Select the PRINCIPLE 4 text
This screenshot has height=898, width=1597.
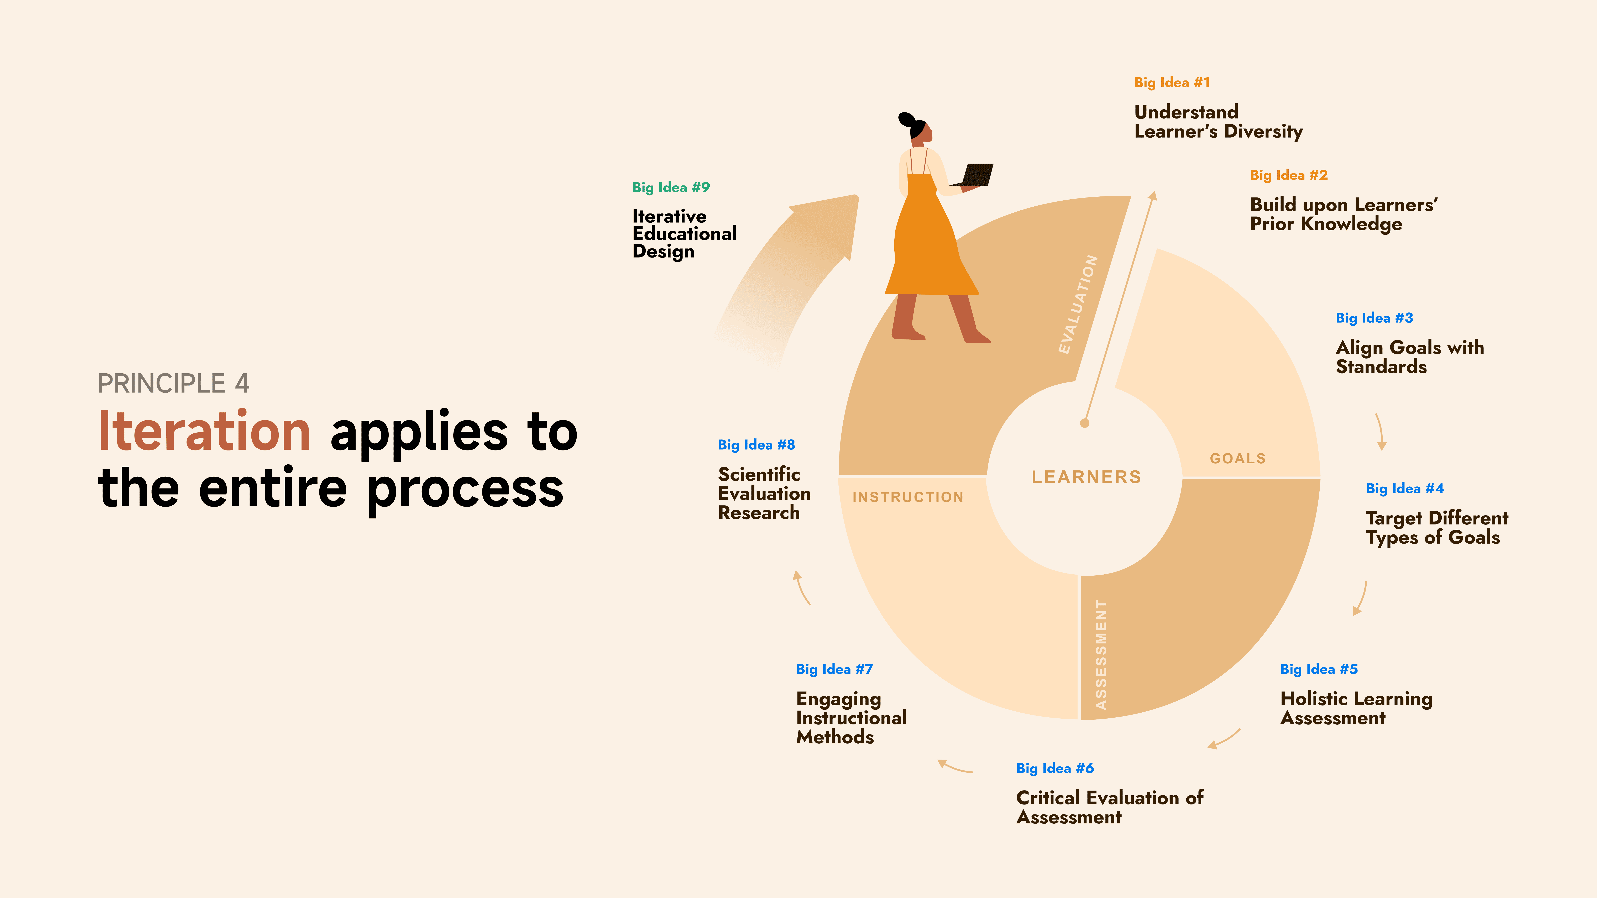[x=174, y=384]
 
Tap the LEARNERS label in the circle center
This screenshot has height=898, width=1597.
[x=1086, y=477]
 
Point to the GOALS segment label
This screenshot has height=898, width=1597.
[x=1237, y=459]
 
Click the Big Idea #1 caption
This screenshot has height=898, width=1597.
[x=1172, y=83]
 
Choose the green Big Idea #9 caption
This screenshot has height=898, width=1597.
[x=671, y=187]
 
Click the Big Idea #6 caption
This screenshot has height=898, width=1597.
[x=1054, y=768]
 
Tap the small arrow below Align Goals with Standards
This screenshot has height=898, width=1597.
[x=1380, y=432]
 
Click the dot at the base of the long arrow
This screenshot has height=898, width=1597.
[x=1084, y=423]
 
